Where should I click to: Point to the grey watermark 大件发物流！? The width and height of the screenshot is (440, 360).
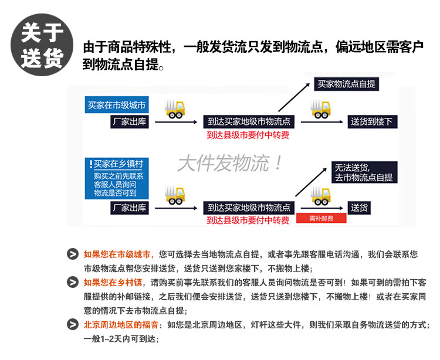230,163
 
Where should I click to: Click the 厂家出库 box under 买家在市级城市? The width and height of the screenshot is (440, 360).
129,122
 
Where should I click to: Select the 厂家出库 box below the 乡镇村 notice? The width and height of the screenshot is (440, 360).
129,208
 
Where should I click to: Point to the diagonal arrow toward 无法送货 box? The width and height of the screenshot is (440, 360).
311,182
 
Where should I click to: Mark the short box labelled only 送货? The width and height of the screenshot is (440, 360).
360,208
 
